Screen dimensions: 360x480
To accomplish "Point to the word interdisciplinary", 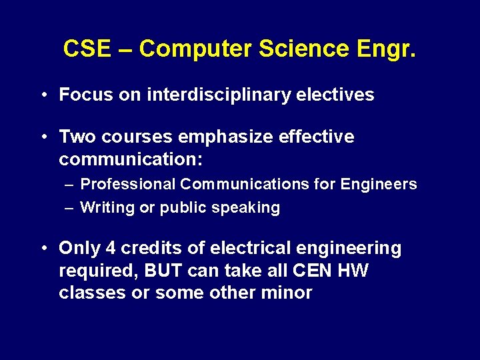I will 219,95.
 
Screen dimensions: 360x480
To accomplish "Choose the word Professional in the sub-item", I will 127,184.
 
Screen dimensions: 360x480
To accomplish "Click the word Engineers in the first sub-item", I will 378,184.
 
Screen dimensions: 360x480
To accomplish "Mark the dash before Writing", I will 69,207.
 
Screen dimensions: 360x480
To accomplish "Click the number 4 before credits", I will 111,248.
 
